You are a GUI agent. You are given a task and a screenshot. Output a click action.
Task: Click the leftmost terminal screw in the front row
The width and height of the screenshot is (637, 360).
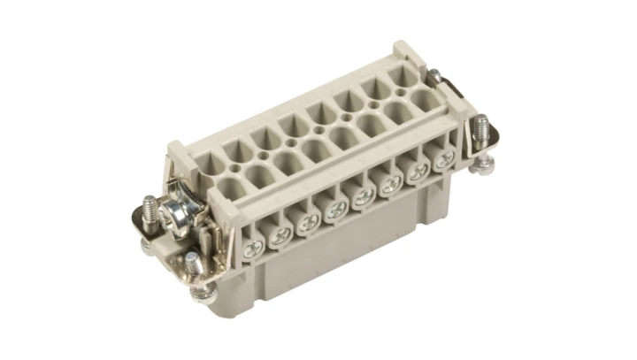tap(254, 249)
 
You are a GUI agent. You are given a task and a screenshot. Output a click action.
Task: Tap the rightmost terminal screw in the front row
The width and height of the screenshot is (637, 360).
tap(445, 159)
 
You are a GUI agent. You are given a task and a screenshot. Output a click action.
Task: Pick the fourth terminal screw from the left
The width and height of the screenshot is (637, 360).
tap(336, 211)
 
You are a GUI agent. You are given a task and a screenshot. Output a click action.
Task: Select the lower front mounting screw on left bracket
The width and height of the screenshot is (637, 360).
tap(190, 259)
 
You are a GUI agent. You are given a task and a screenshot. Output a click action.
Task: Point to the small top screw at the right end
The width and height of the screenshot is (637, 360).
tap(434, 76)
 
